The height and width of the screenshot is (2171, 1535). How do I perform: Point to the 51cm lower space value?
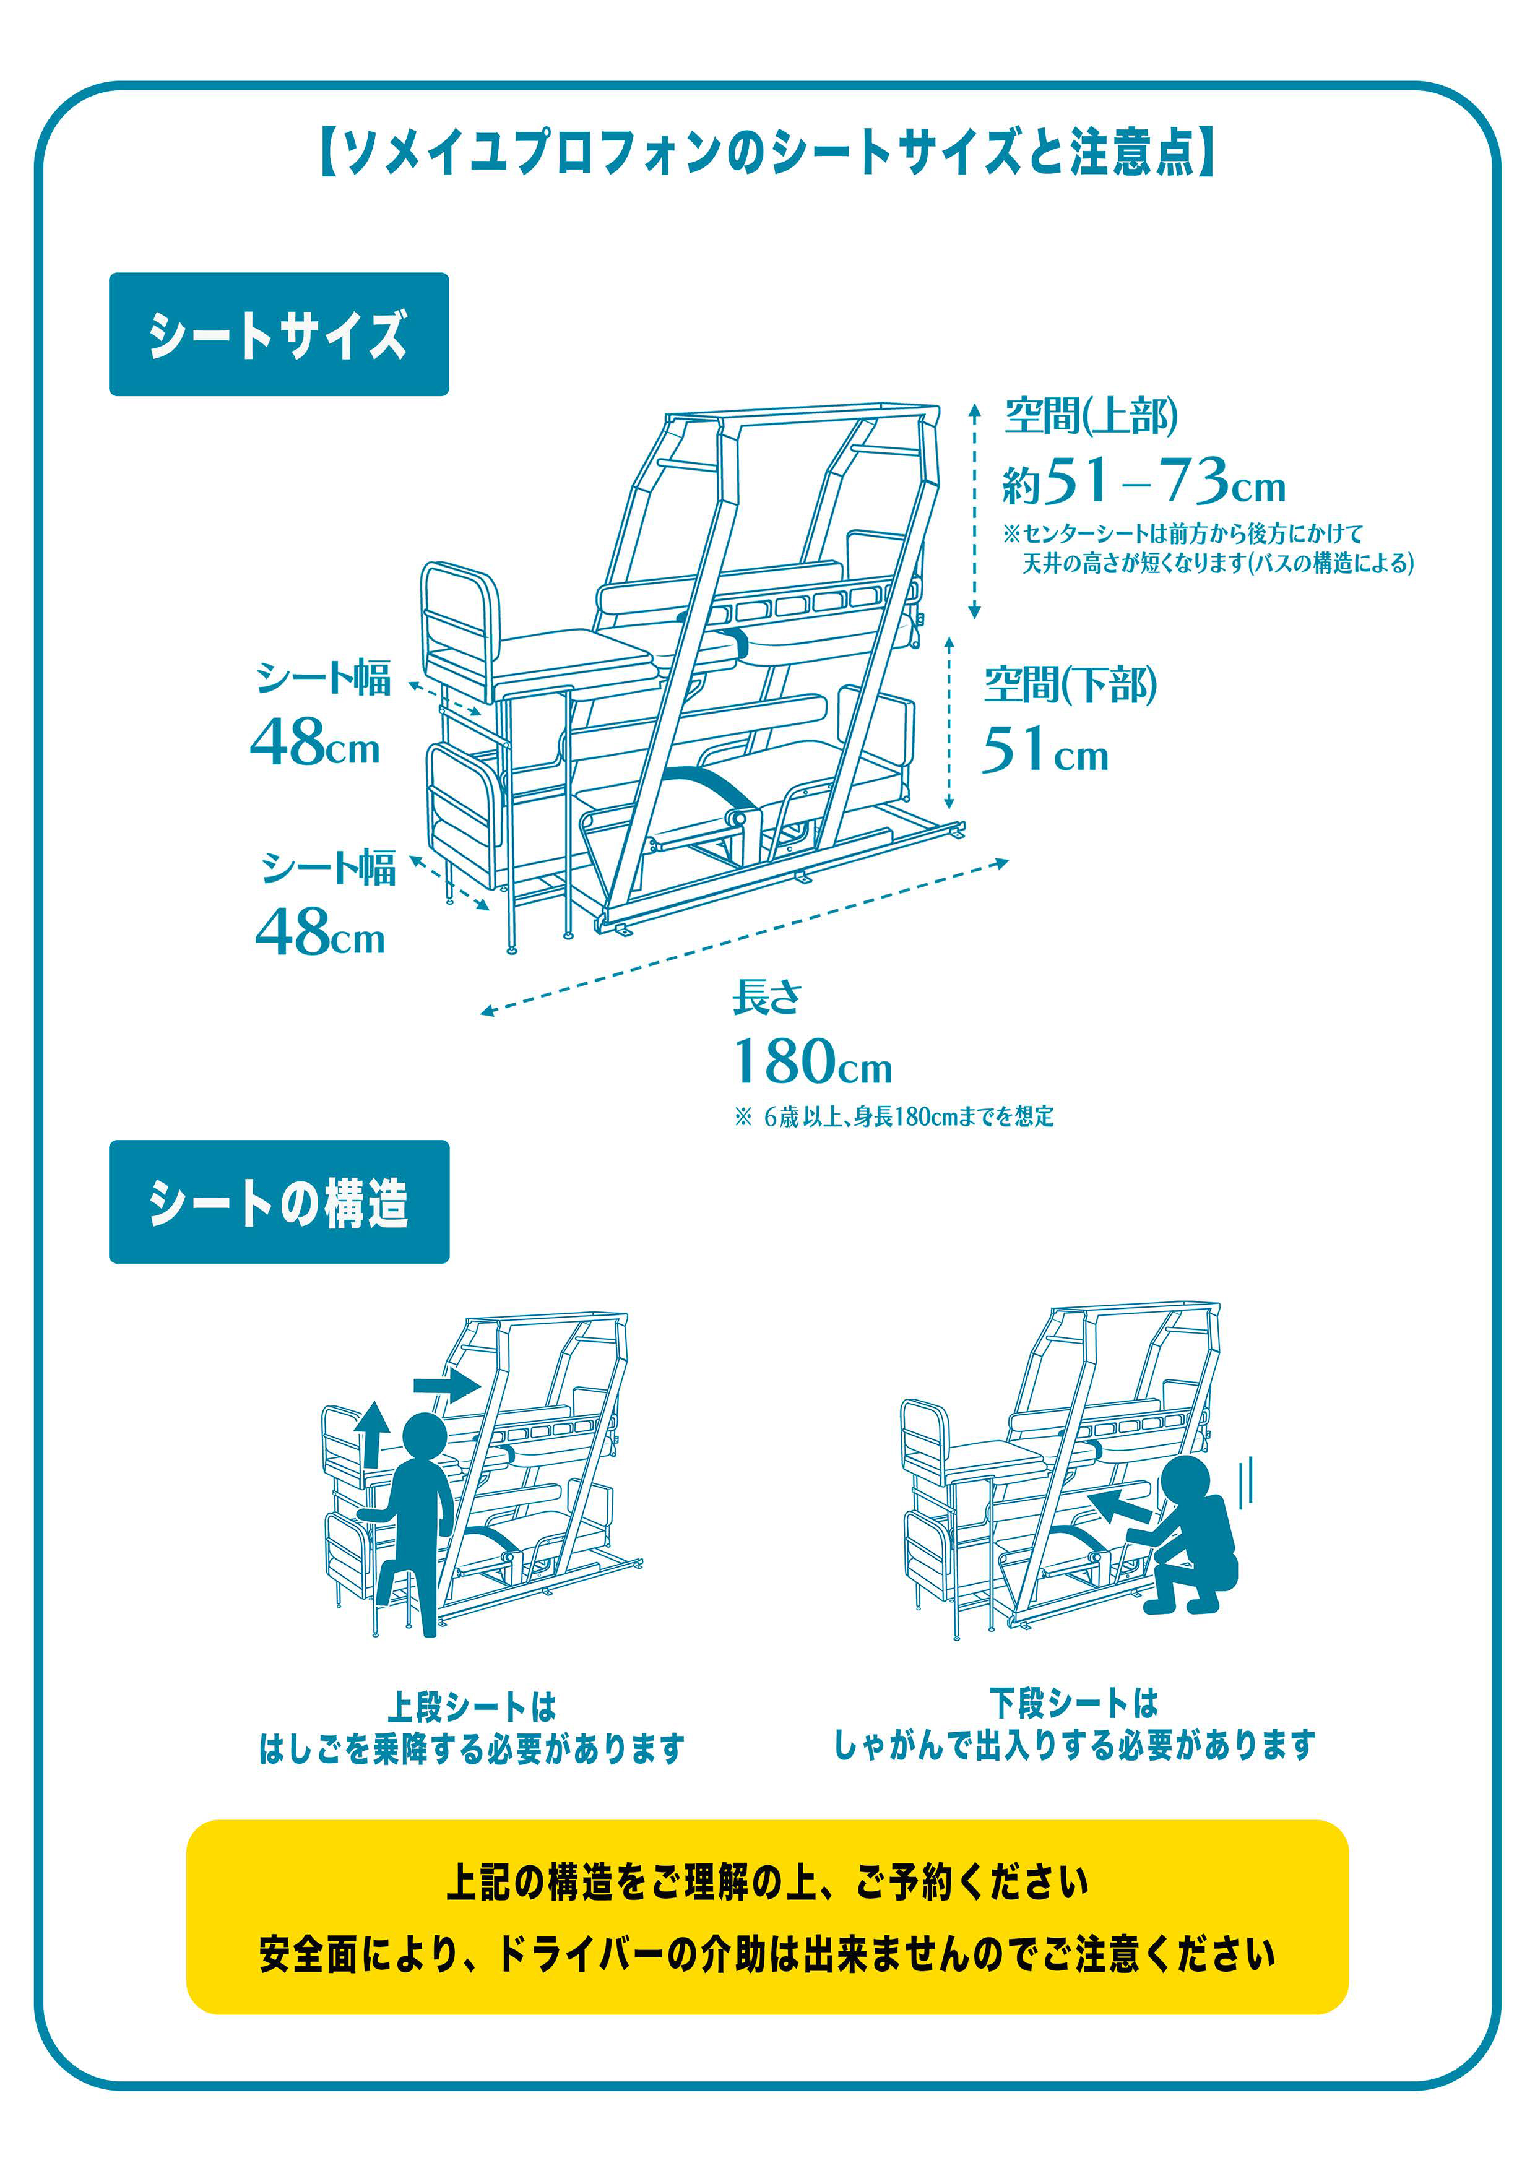[1044, 750]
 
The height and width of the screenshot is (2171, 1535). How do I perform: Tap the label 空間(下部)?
[1070, 684]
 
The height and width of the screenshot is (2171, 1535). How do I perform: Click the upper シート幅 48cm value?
[315, 742]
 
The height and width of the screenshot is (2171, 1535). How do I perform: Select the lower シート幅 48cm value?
[319, 932]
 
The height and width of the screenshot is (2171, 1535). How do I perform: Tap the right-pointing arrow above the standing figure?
[446, 1386]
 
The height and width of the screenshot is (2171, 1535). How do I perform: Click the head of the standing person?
[425, 1437]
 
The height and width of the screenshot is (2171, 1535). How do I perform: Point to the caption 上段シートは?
[471, 1707]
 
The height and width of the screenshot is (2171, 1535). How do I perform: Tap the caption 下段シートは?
[1073, 1703]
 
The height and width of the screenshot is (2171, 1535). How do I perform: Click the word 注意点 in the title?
[1132, 153]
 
